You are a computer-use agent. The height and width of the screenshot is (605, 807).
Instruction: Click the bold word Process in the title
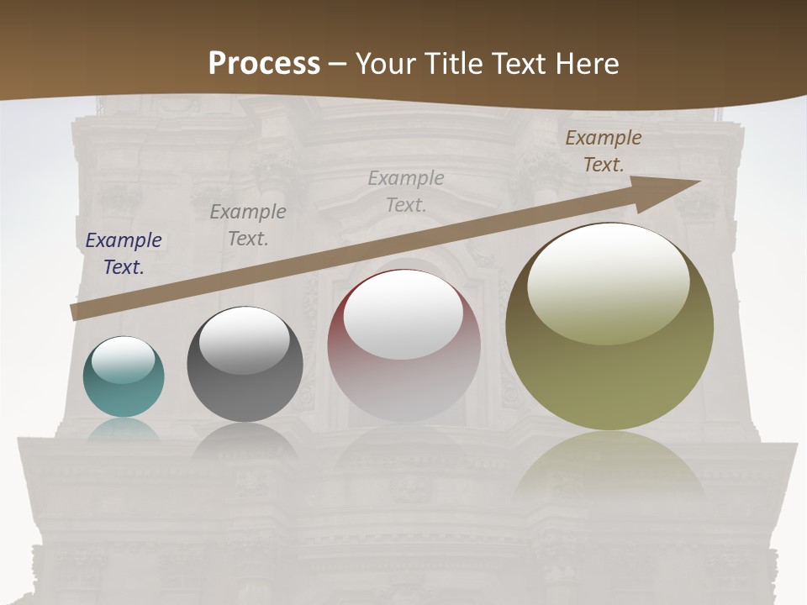tap(264, 63)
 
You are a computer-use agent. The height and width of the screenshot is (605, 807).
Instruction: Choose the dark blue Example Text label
tap(124, 254)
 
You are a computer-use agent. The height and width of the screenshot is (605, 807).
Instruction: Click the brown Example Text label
tap(604, 151)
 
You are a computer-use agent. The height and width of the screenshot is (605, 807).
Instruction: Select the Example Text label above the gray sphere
tap(248, 224)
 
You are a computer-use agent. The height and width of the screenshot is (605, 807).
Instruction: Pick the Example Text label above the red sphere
tap(406, 191)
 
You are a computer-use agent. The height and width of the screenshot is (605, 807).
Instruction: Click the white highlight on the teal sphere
tap(123, 360)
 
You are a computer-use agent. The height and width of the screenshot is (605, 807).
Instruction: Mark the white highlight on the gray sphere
tap(244, 340)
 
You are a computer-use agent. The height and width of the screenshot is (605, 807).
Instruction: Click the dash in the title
tap(337, 63)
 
